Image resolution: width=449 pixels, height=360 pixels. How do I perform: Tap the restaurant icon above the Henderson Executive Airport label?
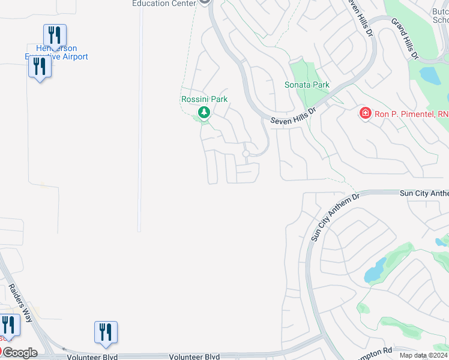point(55,35)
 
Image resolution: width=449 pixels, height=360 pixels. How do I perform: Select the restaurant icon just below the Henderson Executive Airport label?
point(40,67)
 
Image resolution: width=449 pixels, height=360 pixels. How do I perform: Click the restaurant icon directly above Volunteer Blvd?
point(106,332)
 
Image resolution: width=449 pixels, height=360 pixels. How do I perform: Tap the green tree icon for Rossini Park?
point(204,112)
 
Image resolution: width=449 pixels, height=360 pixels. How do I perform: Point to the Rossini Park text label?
point(204,99)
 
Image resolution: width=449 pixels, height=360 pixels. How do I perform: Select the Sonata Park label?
point(307,85)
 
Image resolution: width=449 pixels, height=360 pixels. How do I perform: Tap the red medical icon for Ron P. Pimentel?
point(365,113)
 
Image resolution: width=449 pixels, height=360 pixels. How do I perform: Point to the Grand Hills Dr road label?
point(405,38)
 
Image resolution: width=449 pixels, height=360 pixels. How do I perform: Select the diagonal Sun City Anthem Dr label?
point(334,216)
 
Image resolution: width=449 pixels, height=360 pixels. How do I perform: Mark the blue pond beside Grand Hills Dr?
point(430,76)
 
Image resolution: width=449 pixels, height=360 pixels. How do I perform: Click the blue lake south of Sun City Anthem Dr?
point(375,271)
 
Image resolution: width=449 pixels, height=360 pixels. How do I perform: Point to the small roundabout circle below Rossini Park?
point(246,154)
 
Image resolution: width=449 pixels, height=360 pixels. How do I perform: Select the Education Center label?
point(164,3)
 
